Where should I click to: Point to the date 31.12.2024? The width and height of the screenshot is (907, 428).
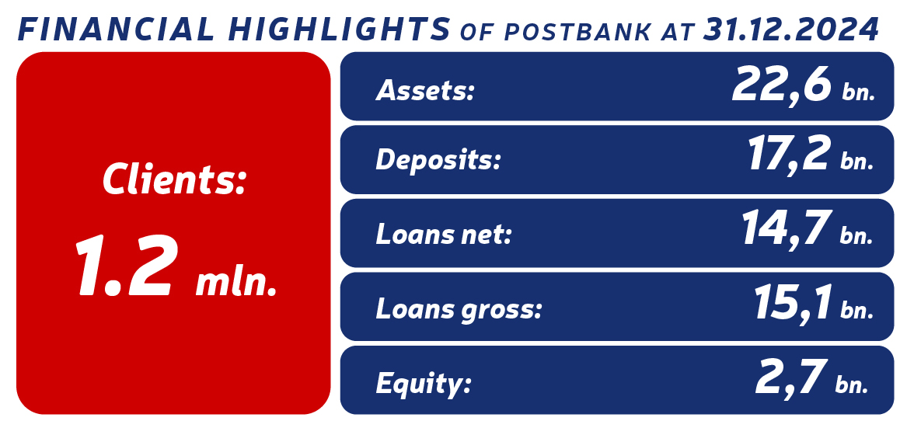pyautogui.click(x=790, y=29)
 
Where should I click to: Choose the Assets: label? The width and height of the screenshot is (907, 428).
pyautogui.click(x=424, y=92)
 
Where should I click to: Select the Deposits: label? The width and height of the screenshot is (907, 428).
pyautogui.click(x=438, y=160)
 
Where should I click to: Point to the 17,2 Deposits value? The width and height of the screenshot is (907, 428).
pyautogui.click(x=789, y=154)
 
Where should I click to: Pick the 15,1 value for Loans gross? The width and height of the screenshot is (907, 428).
pyautogui.click(x=793, y=302)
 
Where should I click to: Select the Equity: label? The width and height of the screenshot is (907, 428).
pyautogui.click(x=424, y=383)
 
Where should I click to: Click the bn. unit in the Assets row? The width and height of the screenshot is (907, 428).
pyautogui.click(x=858, y=93)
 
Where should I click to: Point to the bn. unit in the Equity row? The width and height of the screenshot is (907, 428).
pyautogui.click(x=853, y=383)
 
